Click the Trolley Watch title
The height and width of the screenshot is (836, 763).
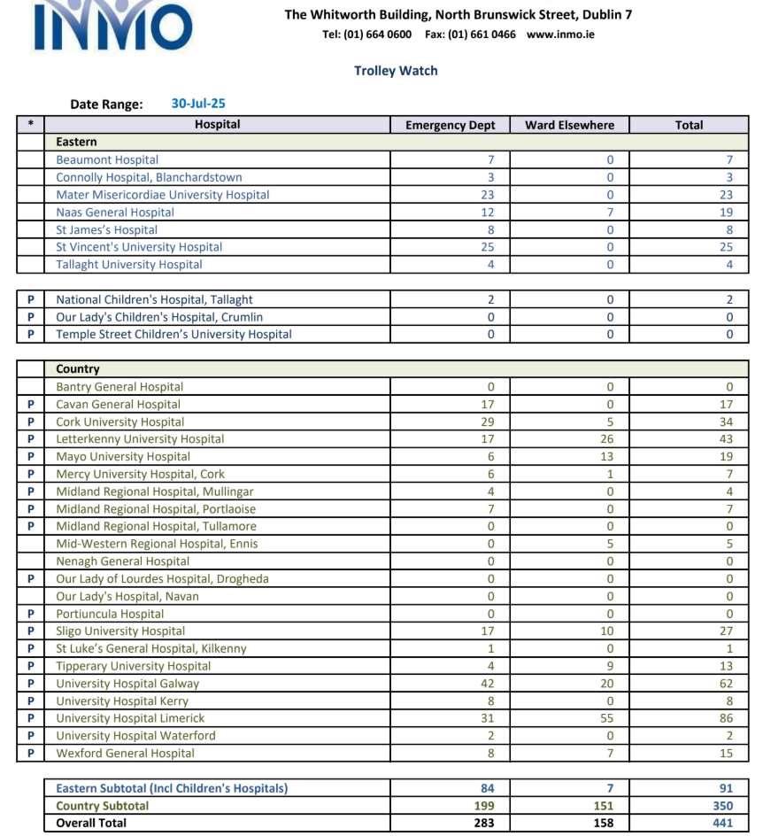click(x=396, y=71)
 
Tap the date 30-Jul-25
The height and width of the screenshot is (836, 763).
click(x=198, y=104)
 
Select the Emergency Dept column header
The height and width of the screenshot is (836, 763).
click(x=451, y=125)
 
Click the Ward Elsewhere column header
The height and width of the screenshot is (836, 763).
click(x=569, y=125)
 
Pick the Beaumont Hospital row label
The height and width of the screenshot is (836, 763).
click(x=107, y=160)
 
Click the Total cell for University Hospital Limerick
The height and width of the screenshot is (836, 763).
click(x=726, y=718)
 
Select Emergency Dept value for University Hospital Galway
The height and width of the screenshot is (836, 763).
click(x=488, y=684)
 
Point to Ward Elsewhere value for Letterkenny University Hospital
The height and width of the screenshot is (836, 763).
click(x=610, y=439)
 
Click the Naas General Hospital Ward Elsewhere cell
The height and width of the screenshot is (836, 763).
click(x=610, y=213)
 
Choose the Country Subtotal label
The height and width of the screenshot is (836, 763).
click(x=102, y=806)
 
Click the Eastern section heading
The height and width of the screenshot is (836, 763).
click(x=76, y=142)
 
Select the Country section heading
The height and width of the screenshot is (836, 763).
click(x=78, y=369)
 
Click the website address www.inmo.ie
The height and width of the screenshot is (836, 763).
click(x=560, y=35)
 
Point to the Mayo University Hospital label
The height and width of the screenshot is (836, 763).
click(x=123, y=457)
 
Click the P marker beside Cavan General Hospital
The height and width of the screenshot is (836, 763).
click(x=31, y=405)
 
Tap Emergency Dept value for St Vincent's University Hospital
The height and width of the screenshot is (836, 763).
click(x=488, y=247)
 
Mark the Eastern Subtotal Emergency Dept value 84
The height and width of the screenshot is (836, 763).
click(x=488, y=788)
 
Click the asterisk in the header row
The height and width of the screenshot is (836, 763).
click(x=31, y=125)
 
